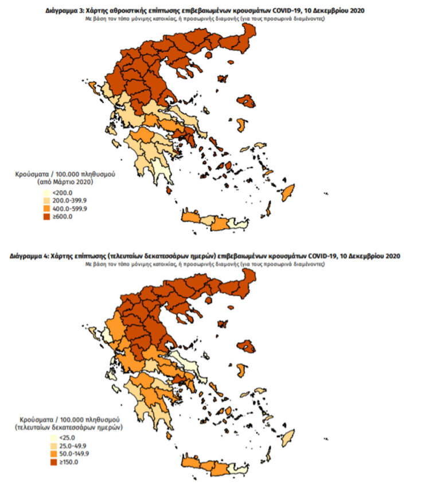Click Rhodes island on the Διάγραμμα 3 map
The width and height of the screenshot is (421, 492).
(287, 192)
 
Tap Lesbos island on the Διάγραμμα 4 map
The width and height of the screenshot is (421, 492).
(247, 347)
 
